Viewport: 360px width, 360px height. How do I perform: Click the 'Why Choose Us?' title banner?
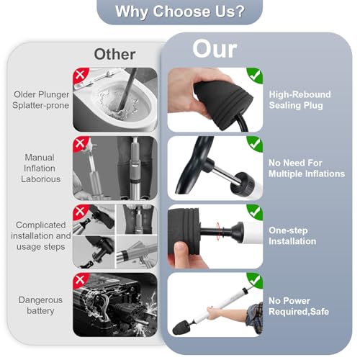(x=179, y=12)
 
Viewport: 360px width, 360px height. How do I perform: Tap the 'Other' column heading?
(x=114, y=54)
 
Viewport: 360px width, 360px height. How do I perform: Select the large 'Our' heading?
(x=215, y=49)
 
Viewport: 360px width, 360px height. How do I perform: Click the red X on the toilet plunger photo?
(x=80, y=75)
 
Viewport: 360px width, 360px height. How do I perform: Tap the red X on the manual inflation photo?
(x=80, y=143)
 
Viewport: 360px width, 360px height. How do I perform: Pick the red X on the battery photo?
(x=80, y=279)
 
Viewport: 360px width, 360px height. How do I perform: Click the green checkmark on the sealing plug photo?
(x=255, y=75)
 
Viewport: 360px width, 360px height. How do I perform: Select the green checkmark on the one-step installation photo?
(x=255, y=212)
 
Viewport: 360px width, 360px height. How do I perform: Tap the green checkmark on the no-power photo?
(x=255, y=280)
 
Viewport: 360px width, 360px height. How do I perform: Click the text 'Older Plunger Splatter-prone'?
(x=41, y=100)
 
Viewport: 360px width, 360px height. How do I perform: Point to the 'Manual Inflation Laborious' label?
(x=40, y=168)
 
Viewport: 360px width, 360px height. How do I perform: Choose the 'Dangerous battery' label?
(x=40, y=305)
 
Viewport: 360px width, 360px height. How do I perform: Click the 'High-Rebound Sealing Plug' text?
(x=300, y=100)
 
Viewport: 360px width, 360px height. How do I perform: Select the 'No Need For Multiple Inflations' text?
(x=307, y=168)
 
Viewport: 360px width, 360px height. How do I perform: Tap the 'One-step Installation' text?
(x=292, y=235)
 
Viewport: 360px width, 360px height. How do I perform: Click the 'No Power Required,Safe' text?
(x=299, y=306)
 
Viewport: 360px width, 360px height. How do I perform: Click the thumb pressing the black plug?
(x=181, y=251)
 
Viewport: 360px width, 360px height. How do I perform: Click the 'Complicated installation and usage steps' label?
(x=41, y=235)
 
